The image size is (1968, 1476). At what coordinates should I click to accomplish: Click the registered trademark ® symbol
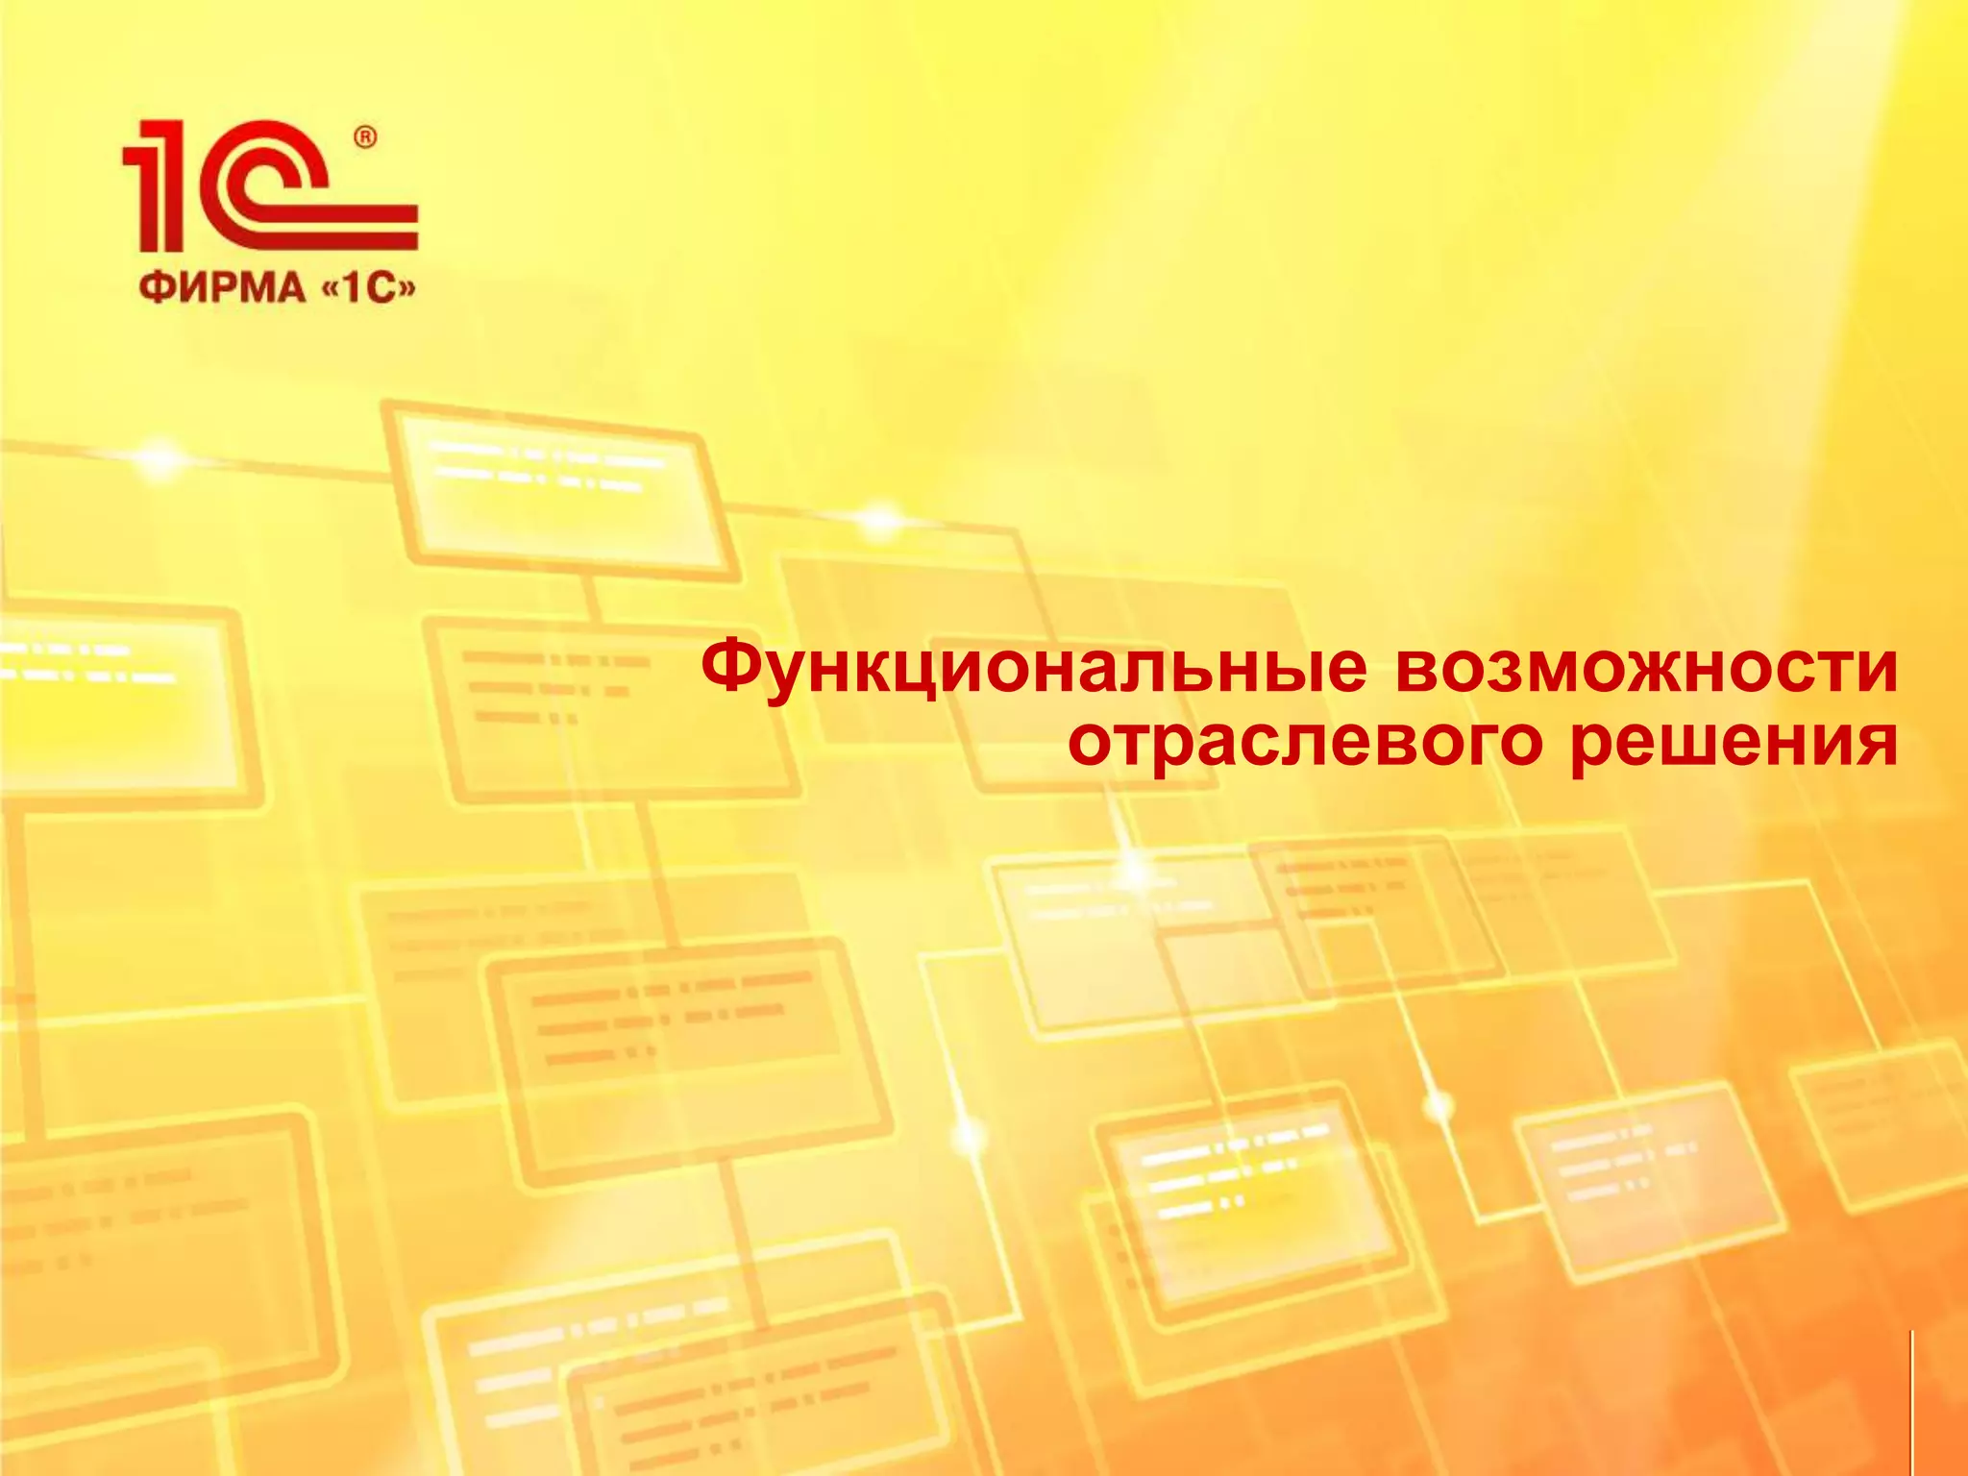click(366, 138)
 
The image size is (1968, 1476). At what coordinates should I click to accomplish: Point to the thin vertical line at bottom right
click(1911, 1403)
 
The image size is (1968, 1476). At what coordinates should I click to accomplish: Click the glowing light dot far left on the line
click(159, 459)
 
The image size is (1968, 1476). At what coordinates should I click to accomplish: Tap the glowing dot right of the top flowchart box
click(880, 520)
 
